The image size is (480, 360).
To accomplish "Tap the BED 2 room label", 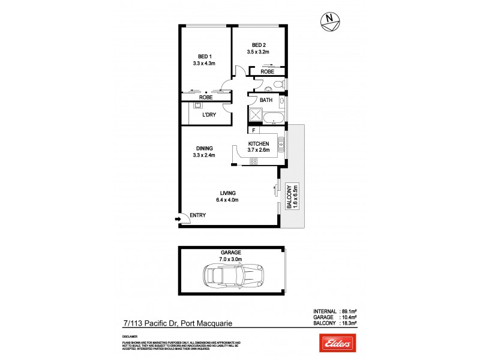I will [259, 45].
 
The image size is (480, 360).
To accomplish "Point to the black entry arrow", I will [178, 220].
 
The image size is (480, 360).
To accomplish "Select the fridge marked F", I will [254, 130].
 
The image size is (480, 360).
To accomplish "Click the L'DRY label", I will [208, 115].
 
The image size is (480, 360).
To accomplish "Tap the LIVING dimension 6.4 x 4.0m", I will [227, 200].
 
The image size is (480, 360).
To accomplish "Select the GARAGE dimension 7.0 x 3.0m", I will [230, 259].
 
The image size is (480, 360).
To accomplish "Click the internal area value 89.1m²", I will [349, 311].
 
